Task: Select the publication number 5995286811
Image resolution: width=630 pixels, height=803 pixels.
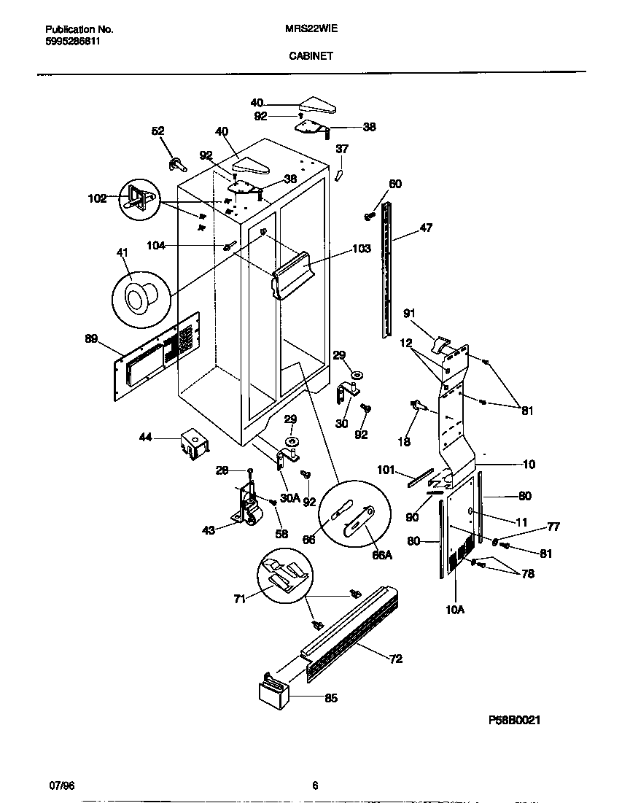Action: coord(73,42)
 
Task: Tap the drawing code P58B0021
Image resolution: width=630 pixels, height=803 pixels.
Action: coord(514,719)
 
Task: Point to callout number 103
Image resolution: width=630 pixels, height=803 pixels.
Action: coord(361,249)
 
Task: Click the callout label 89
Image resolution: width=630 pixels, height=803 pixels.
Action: coord(91,338)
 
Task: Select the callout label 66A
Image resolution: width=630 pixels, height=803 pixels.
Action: coord(382,555)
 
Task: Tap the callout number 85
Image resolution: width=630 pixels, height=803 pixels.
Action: coord(330,698)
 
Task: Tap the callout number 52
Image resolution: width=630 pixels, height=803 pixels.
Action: coord(157,131)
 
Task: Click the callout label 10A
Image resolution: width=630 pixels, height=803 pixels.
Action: coord(454,608)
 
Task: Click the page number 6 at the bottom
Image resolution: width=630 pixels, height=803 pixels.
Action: coord(314,785)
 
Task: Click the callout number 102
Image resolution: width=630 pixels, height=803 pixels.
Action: coord(97,197)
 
